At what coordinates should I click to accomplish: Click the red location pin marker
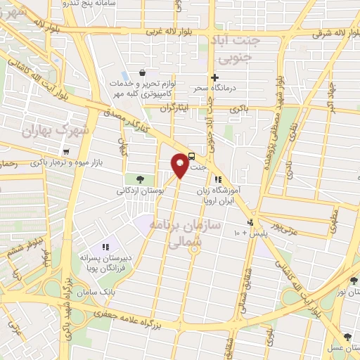click(x=180, y=165)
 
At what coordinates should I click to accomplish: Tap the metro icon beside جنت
click(x=192, y=157)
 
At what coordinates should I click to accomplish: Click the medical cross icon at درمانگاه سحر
click(x=215, y=77)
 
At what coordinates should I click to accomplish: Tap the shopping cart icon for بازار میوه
click(x=65, y=151)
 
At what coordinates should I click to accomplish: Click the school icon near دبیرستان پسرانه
click(x=105, y=246)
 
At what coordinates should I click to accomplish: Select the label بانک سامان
click(x=96, y=291)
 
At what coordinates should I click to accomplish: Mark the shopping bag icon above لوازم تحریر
click(x=143, y=72)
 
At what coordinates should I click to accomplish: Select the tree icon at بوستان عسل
click(x=347, y=337)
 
